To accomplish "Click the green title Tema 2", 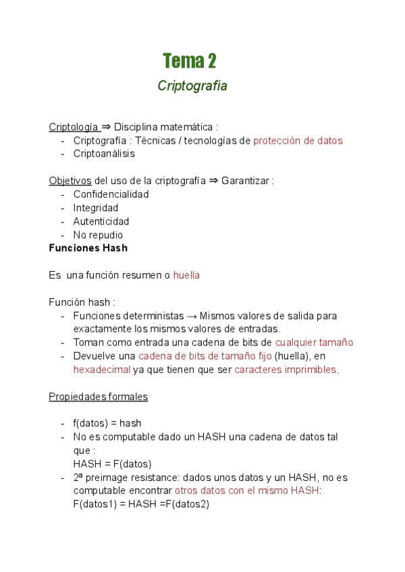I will (x=190, y=61).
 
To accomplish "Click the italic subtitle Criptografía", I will (x=192, y=86).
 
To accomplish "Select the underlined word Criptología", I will (x=74, y=127).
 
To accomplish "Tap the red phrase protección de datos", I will (x=298, y=140).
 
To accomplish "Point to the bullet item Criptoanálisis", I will (x=104, y=154).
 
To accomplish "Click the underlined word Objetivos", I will (x=70, y=181).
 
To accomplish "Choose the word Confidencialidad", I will (x=111, y=194).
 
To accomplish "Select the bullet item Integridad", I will (x=96, y=208).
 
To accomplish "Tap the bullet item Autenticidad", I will (x=101, y=221).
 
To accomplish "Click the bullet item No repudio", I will (x=99, y=235).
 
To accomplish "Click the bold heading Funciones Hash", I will (x=88, y=248).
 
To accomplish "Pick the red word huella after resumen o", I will (x=186, y=275).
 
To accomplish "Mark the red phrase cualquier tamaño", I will (x=314, y=343).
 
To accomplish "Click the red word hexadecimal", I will (x=101, y=370).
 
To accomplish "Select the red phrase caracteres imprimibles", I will (x=286, y=370).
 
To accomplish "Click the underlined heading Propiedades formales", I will (x=98, y=397).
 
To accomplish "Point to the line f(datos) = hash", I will (x=107, y=424).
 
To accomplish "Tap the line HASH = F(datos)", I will (x=113, y=463).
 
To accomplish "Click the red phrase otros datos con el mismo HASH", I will (x=247, y=490).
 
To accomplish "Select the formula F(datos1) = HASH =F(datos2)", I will (x=141, y=504).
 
